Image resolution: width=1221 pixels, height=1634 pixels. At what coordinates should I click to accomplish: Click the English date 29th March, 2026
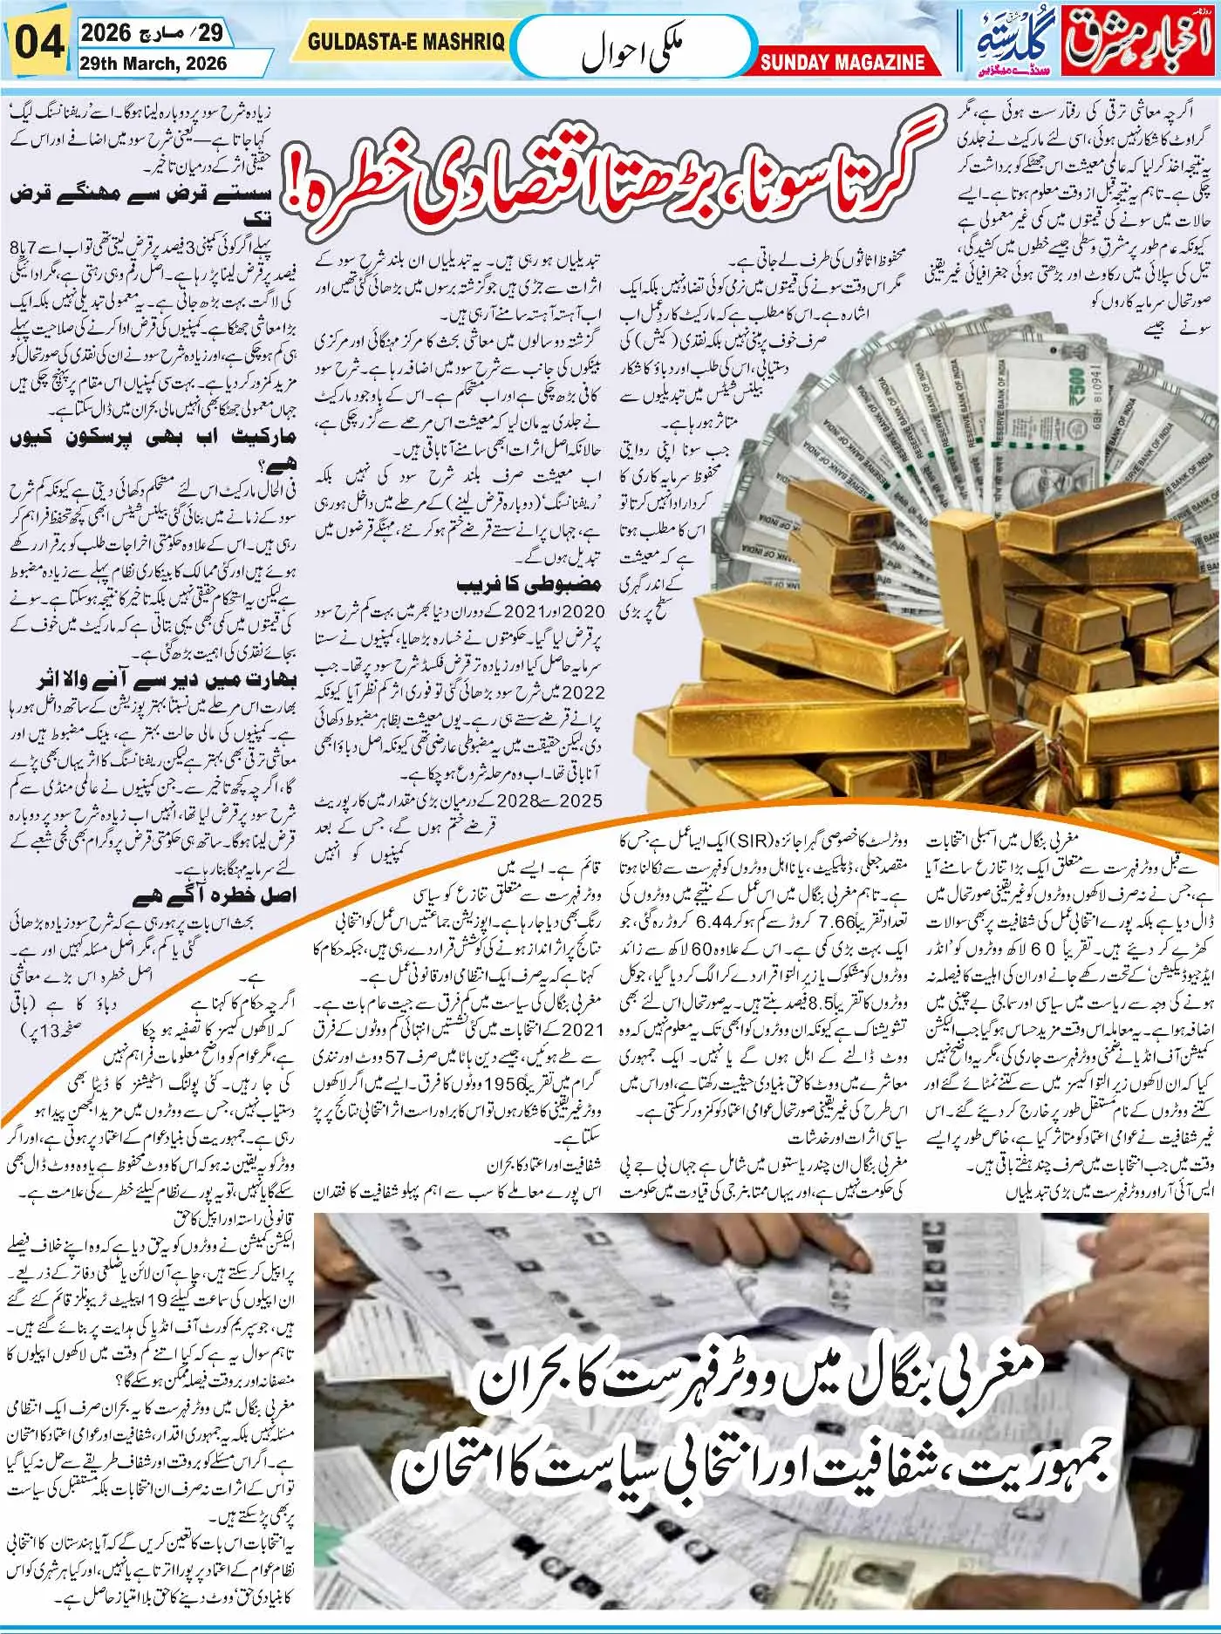click(155, 64)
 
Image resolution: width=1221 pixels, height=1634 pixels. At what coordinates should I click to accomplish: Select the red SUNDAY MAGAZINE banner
click(842, 63)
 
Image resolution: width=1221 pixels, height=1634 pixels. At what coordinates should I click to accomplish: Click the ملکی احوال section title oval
click(632, 47)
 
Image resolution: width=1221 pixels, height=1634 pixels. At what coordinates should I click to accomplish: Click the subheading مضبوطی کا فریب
click(529, 584)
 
